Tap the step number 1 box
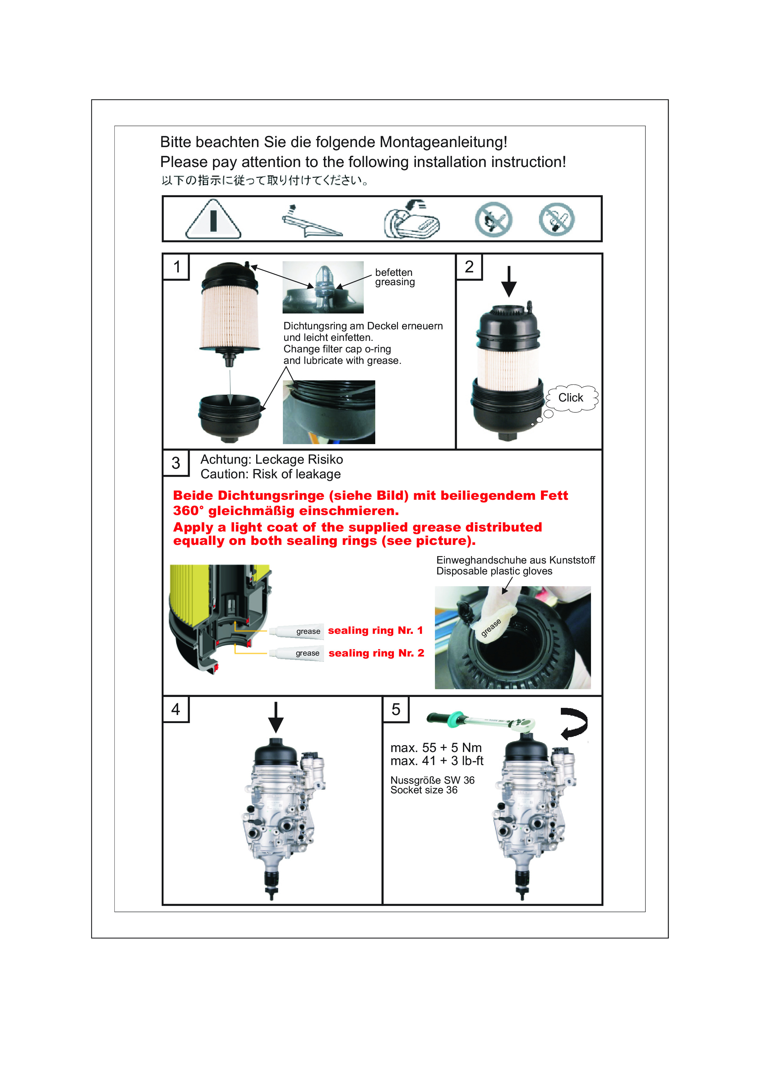point(176,267)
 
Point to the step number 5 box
point(396,709)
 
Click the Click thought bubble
point(571,398)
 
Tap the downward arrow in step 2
point(509,281)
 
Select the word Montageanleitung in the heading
point(443,142)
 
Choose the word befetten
point(394,272)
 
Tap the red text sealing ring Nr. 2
point(376,653)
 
